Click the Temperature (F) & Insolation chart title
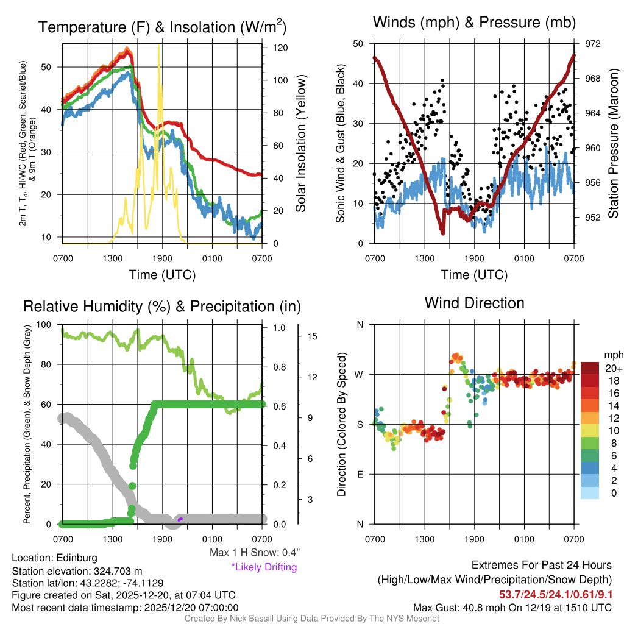click(x=162, y=27)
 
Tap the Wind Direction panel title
click(x=474, y=303)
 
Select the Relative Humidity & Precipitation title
click(x=161, y=307)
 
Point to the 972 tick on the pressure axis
click(x=593, y=44)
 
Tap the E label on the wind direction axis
click(x=360, y=474)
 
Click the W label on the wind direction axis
click(x=360, y=374)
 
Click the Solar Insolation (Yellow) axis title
click(x=300, y=143)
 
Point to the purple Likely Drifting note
click(x=264, y=567)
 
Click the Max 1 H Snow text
click(x=255, y=552)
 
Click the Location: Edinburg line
click(x=54, y=558)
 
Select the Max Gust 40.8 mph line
click(x=512, y=608)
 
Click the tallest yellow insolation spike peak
click(x=159, y=46)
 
